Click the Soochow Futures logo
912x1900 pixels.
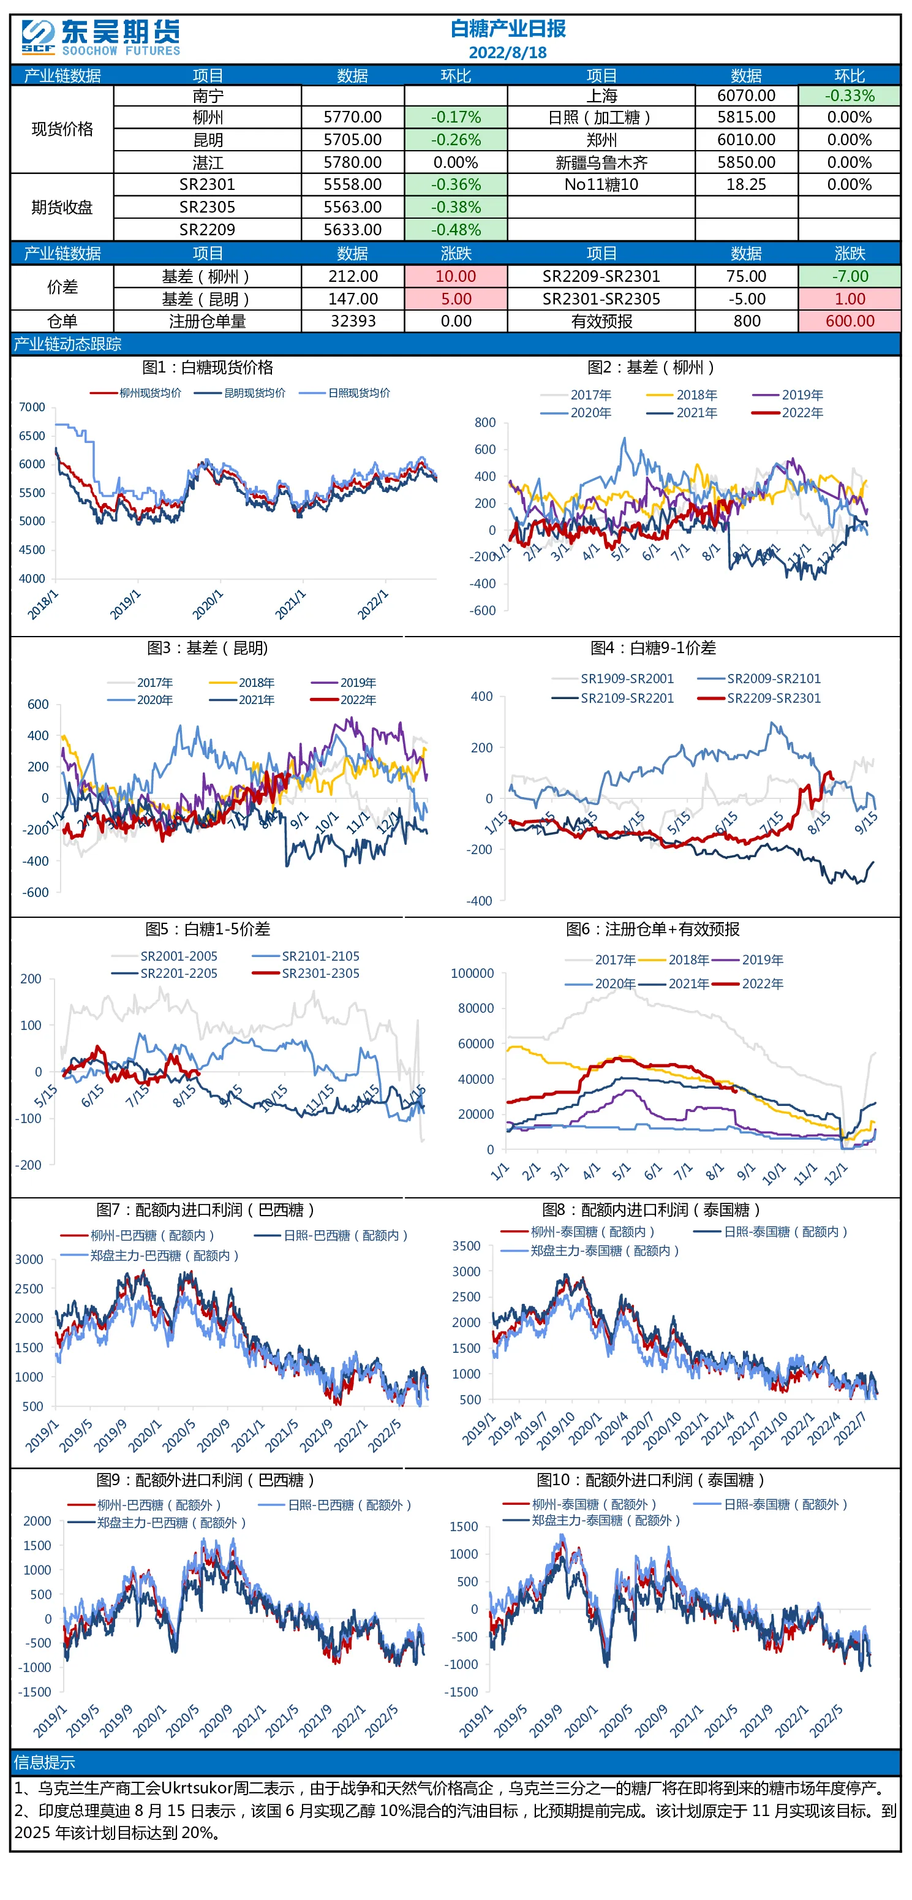coord(101,37)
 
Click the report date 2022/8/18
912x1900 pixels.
coord(507,52)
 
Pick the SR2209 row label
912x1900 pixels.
coord(207,229)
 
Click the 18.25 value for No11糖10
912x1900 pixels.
coord(746,184)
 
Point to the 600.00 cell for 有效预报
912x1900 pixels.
coord(850,321)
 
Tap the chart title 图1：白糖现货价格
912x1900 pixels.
coord(207,367)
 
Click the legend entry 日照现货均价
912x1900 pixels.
coord(344,393)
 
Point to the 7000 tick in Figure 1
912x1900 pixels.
coord(32,407)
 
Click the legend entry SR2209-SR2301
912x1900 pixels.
coord(759,698)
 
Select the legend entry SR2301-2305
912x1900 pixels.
coord(305,974)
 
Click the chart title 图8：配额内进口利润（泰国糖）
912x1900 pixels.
coord(651,1209)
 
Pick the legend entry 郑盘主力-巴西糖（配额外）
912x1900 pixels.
coord(156,1523)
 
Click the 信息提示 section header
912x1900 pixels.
coord(44,1762)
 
